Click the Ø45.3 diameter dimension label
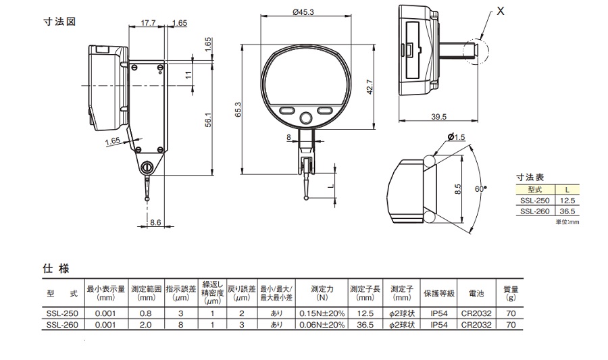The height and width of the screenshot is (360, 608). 303,12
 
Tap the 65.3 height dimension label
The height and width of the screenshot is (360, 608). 238,109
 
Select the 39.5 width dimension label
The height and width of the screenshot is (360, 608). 438,117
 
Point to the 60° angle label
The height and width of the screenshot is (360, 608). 480,188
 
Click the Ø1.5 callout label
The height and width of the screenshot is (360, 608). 456,137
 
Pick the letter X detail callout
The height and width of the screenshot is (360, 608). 500,11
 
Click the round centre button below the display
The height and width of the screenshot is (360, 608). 306,118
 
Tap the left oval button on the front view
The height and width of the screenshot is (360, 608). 287,111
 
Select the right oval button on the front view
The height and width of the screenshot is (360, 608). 325,111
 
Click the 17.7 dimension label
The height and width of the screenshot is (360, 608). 148,23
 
